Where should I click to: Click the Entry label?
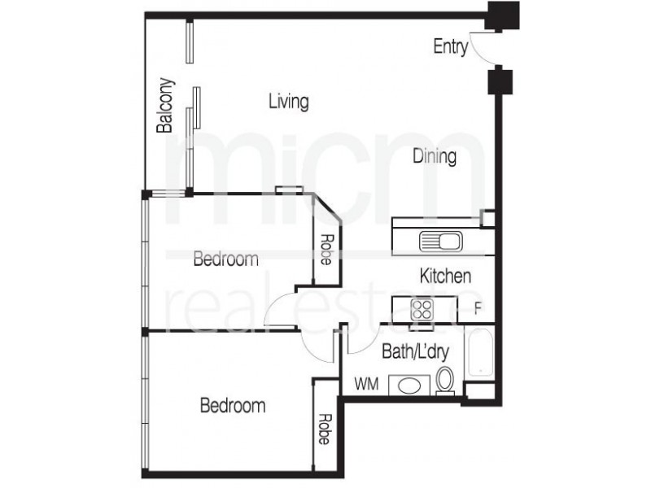tap(450, 47)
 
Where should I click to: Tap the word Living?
tap(288, 102)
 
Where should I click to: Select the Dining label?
tap(433, 156)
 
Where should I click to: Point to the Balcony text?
tap(165, 105)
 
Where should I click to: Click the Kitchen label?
tap(444, 276)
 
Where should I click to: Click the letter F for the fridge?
tap(478, 309)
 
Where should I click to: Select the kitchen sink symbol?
tap(440, 241)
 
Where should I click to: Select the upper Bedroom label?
tap(225, 259)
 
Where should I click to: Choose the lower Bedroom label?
tap(234, 404)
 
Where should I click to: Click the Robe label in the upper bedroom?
tap(325, 251)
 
